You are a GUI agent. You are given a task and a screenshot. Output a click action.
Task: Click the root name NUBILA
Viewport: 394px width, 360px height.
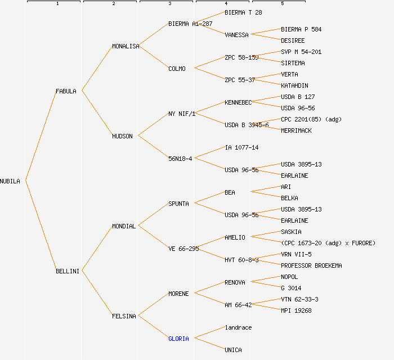[x=10, y=181]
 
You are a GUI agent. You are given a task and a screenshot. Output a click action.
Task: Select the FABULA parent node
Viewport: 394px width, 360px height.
[x=66, y=91]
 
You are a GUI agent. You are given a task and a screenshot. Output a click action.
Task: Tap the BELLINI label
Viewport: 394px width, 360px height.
[x=68, y=271]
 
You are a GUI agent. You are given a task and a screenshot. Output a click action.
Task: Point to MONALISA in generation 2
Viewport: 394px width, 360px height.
[x=126, y=46]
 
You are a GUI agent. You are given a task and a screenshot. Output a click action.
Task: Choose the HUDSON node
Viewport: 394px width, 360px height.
[x=122, y=136]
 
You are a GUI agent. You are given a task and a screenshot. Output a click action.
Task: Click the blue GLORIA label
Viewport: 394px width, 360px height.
[x=178, y=339]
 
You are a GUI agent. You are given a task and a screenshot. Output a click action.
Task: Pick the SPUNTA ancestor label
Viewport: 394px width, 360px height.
[x=178, y=204]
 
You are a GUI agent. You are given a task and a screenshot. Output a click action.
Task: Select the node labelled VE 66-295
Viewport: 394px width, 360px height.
[x=183, y=249]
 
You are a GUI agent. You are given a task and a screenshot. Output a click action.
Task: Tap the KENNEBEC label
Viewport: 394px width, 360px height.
[x=238, y=102]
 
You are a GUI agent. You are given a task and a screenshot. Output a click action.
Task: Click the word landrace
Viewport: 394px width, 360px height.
[x=238, y=327]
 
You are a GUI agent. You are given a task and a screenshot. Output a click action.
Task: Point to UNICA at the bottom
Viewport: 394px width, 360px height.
[x=233, y=350]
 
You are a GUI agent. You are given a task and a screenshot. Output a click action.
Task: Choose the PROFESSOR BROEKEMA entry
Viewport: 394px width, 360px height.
[x=311, y=265]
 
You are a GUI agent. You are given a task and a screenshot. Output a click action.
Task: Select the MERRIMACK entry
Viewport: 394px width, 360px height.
[x=296, y=130]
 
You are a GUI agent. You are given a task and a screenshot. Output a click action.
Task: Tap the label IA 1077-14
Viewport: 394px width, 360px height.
[x=241, y=147]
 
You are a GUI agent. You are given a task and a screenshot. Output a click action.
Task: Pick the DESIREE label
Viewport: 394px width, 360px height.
[x=293, y=40]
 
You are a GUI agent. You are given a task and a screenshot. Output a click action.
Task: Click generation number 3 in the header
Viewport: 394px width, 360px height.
[x=169, y=4]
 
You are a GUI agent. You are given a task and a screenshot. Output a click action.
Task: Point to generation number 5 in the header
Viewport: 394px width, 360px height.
[x=282, y=4]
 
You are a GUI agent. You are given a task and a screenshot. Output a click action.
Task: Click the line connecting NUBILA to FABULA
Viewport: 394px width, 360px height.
[x=40, y=136]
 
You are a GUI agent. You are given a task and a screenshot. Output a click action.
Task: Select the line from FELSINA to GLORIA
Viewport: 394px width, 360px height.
[x=153, y=327]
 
